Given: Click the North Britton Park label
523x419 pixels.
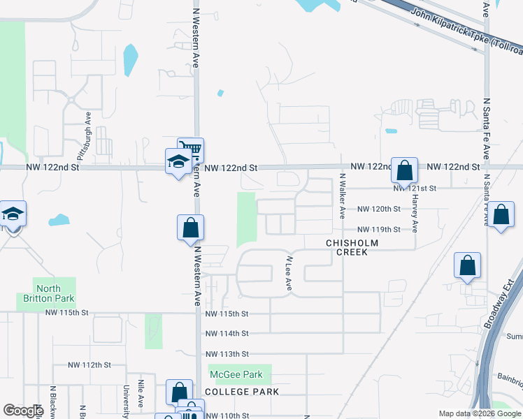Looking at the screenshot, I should click(48, 294).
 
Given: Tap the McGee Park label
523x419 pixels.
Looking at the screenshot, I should click(238, 375).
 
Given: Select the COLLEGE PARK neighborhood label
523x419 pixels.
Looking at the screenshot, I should click(242, 392).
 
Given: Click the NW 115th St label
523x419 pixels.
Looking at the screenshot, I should click(227, 314).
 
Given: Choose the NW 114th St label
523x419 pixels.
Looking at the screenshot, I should click(227, 334).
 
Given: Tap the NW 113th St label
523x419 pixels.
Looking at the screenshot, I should click(227, 354).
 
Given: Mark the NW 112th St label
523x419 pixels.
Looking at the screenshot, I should click(90, 365).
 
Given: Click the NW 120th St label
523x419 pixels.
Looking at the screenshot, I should click(378, 209).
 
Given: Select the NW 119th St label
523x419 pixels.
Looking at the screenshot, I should click(378, 229).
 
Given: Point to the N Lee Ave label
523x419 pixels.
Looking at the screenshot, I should click(288, 272).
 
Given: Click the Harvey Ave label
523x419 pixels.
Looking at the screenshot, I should click(415, 212).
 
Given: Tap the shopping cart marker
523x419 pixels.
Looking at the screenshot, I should click(190, 149).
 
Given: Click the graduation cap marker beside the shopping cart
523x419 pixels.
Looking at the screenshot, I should click(178, 162).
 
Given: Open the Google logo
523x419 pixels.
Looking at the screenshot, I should click(23, 411).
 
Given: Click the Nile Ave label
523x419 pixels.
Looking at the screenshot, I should click(141, 400).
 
